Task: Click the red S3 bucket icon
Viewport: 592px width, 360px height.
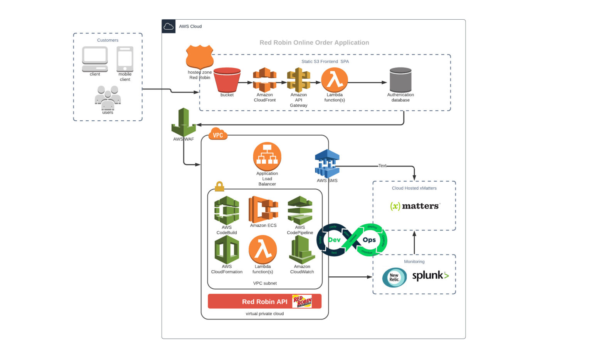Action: coord(227,80)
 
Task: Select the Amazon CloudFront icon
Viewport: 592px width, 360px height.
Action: coord(264,80)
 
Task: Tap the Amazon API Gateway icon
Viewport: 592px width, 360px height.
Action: coord(298,80)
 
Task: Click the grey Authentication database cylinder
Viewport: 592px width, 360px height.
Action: coord(400,80)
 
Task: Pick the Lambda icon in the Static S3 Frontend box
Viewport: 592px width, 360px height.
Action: coord(335,80)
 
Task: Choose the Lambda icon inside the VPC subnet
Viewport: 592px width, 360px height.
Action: coord(263,249)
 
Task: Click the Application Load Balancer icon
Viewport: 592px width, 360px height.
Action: coord(267,156)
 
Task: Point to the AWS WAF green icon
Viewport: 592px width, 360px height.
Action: coord(184,122)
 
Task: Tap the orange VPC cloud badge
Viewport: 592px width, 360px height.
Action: coord(218,134)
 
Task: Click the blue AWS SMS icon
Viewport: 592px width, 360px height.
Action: coord(327,163)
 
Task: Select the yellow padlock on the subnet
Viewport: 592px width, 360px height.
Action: coord(219,187)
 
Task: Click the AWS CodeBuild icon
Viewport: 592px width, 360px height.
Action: coord(227,210)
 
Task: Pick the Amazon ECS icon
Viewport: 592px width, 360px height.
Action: coord(263,209)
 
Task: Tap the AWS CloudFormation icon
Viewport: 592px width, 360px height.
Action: coord(227,249)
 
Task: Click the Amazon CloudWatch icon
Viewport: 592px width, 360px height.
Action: coord(302,249)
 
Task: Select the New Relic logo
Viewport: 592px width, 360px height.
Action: coord(394,277)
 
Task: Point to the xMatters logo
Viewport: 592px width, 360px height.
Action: coord(415,206)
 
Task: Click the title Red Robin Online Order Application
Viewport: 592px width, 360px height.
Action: coord(314,42)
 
